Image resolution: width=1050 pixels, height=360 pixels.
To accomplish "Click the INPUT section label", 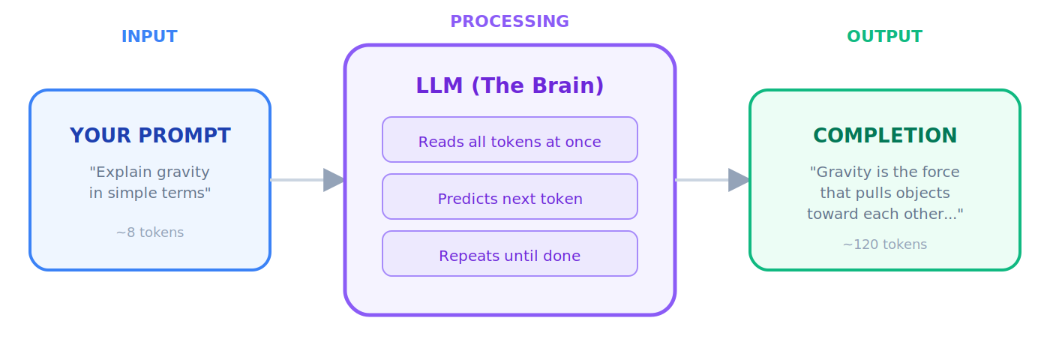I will (x=149, y=37).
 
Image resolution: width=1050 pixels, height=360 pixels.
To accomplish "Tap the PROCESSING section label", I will (x=509, y=22).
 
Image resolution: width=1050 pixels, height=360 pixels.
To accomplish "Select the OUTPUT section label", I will (x=884, y=37).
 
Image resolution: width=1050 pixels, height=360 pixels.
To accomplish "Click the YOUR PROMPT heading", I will (x=150, y=136).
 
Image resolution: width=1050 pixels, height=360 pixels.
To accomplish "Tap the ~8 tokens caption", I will (x=150, y=232).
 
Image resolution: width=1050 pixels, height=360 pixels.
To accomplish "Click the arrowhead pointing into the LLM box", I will (x=333, y=180).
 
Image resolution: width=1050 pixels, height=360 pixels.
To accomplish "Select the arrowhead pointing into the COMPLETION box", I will (x=738, y=180).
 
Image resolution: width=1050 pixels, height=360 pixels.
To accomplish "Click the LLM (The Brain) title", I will (x=510, y=86).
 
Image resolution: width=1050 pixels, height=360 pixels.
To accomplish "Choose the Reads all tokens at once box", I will (x=510, y=140).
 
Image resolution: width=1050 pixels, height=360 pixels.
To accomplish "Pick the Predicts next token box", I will (x=510, y=197).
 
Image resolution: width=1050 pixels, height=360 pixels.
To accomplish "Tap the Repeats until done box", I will (x=510, y=254).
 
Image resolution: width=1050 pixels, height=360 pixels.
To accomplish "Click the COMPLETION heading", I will (x=885, y=136).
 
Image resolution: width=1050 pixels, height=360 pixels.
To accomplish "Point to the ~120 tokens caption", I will (x=885, y=244).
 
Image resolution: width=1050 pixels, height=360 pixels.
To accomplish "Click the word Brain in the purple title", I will (x=569, y=86).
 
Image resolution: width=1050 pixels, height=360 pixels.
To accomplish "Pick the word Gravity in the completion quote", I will (x=839, y=172).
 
